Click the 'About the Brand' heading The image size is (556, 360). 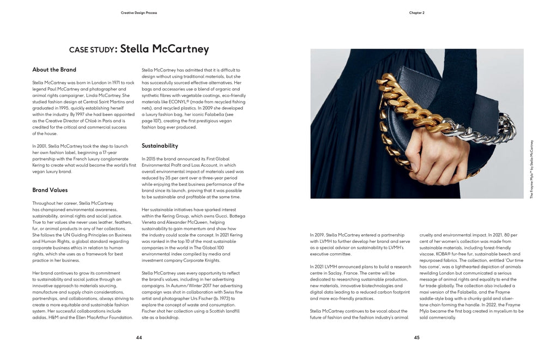coord(54,70)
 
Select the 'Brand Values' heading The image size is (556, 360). coord(50,190)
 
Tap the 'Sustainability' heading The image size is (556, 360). coord(160,145)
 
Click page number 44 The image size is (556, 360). coord(139,338)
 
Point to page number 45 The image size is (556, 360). coord(416,338)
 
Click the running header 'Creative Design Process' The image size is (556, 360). coord(138,13)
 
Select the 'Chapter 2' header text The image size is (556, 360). coord(416,13)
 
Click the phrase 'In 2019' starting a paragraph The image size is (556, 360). coord(318,235)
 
